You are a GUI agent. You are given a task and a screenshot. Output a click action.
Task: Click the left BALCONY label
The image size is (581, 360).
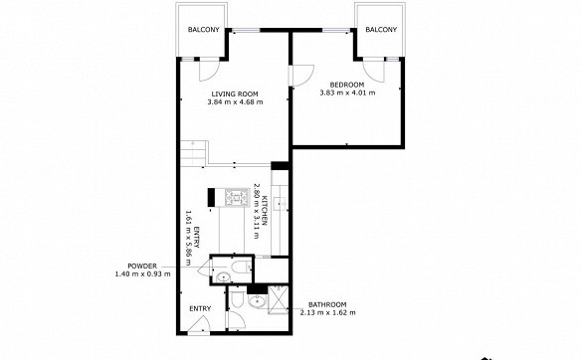203,30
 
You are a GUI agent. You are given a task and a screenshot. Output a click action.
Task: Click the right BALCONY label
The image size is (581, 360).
381,30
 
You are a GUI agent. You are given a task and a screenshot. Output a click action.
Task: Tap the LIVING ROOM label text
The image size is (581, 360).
235,94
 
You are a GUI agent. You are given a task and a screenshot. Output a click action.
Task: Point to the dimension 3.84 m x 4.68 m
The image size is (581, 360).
235,102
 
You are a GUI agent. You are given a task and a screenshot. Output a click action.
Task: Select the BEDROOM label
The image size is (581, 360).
347,85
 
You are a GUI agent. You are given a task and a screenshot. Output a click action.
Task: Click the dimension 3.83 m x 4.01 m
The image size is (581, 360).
347,92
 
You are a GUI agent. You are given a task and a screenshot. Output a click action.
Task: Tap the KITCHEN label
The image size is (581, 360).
265,210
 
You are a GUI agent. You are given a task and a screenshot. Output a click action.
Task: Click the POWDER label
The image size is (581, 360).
142,266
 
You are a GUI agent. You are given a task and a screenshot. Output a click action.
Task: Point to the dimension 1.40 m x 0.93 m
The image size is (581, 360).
143,274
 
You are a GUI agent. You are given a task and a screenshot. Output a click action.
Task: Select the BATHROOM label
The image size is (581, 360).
327,304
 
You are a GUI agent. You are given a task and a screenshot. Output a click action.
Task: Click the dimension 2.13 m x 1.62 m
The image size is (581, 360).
327,312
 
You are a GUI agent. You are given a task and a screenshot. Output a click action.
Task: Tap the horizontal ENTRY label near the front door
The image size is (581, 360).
200,308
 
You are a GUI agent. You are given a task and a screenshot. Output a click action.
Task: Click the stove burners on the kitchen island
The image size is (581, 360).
237,198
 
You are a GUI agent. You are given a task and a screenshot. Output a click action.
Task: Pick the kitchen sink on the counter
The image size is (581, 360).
280,203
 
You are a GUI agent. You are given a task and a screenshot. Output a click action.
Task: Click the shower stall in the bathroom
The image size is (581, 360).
278,299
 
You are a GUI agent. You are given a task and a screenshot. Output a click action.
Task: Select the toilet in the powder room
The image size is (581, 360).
241,267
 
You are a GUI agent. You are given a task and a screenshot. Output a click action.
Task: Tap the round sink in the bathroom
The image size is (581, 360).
257,301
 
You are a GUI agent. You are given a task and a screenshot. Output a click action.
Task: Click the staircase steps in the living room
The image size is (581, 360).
193,153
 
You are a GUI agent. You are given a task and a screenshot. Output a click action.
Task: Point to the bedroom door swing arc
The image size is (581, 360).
303,76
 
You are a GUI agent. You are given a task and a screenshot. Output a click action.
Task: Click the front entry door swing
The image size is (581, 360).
200,325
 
